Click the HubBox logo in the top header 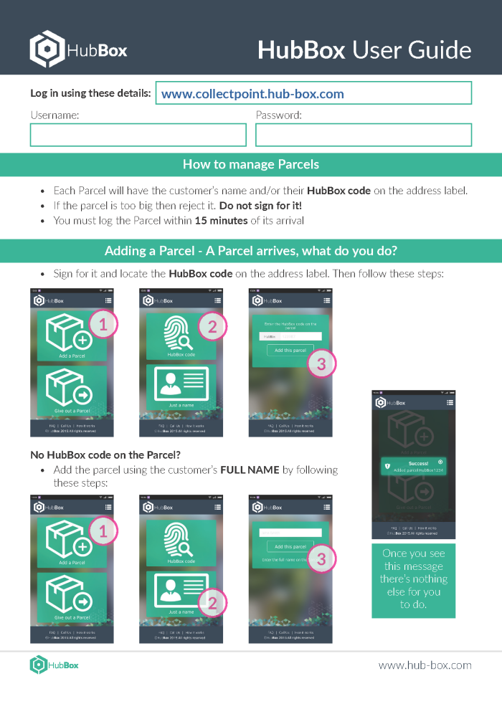coord(78,49)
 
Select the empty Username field coord(138,135)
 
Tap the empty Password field coord(364,135)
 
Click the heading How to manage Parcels coord(251,164)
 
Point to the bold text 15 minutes coord(221,220)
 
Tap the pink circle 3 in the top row coord(321,363)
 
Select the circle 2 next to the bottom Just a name coord(212,603)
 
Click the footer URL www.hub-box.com coord(425,665)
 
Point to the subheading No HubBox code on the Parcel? coord(105,455)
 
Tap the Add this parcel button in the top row coord(290,351)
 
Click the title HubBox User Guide coord(364,50)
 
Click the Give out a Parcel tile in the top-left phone coord(72,391)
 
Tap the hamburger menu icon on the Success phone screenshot coord(449,404)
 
